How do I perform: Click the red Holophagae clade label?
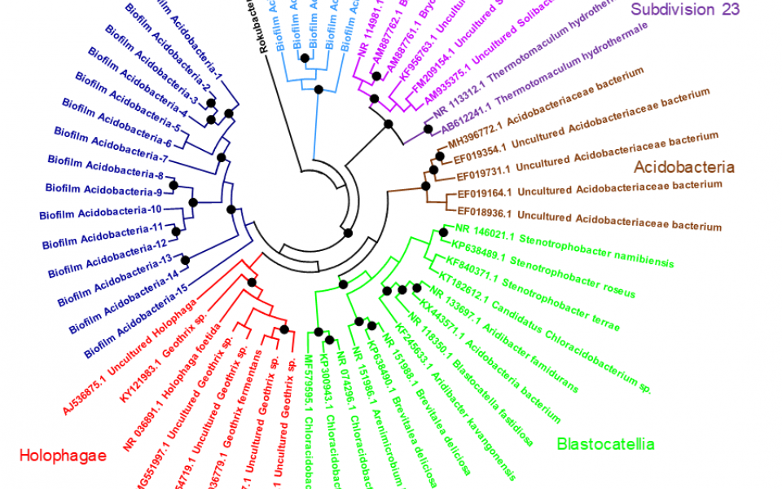[x=63, y=456]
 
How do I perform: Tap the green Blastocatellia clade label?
[x=605, y=444]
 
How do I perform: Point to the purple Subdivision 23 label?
[x=685, y=10]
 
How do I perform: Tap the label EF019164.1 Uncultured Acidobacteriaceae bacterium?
[x=590, y=192]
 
